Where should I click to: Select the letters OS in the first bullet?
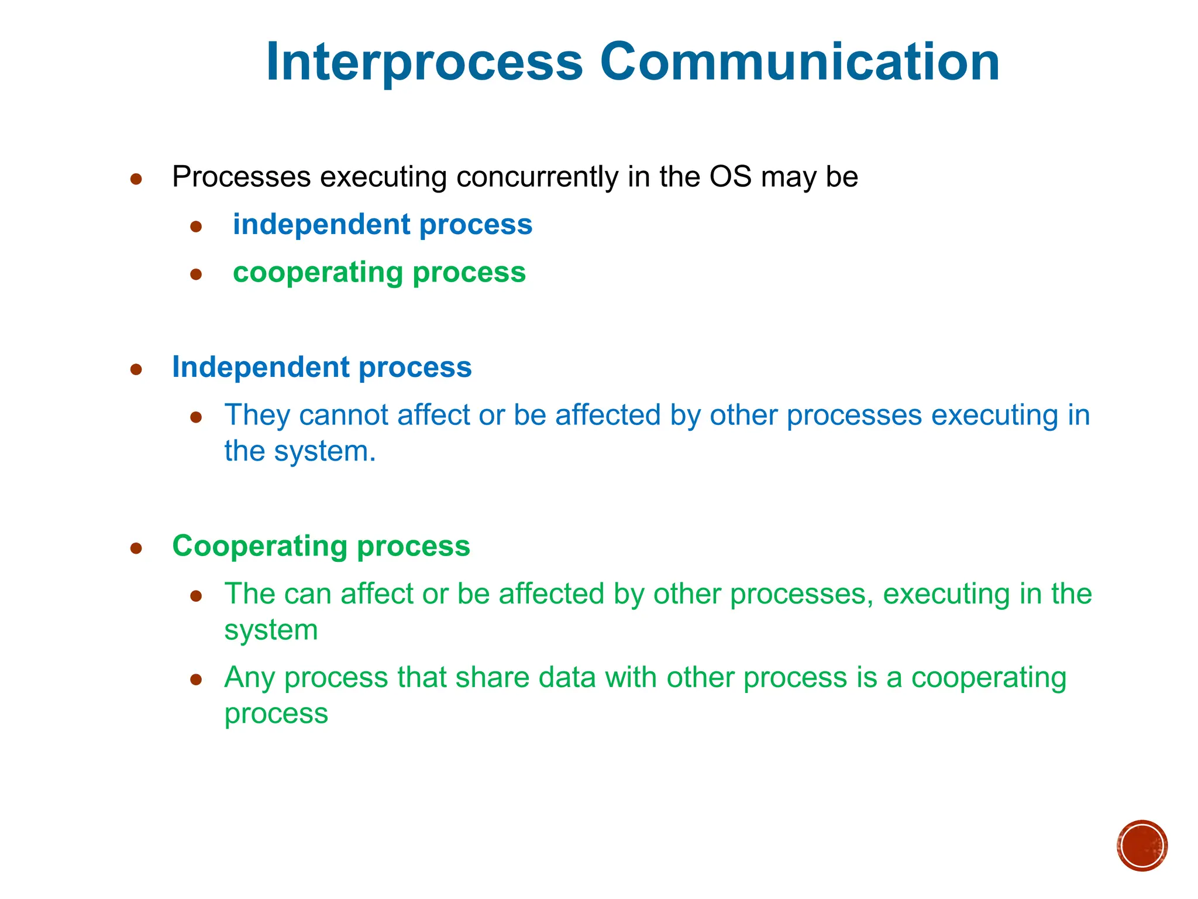point(730,177)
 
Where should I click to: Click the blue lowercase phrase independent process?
point(383,225)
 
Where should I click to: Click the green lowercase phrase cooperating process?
point(379,273)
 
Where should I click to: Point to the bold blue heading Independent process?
point(322,368)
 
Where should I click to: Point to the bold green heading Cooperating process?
point(321,546)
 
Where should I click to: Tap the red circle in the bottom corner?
point(1142,846)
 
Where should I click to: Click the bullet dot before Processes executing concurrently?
point(136,179)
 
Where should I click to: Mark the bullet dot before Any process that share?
point(196,680)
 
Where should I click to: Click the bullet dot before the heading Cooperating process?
point(136,548)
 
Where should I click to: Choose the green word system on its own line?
point(271,631)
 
